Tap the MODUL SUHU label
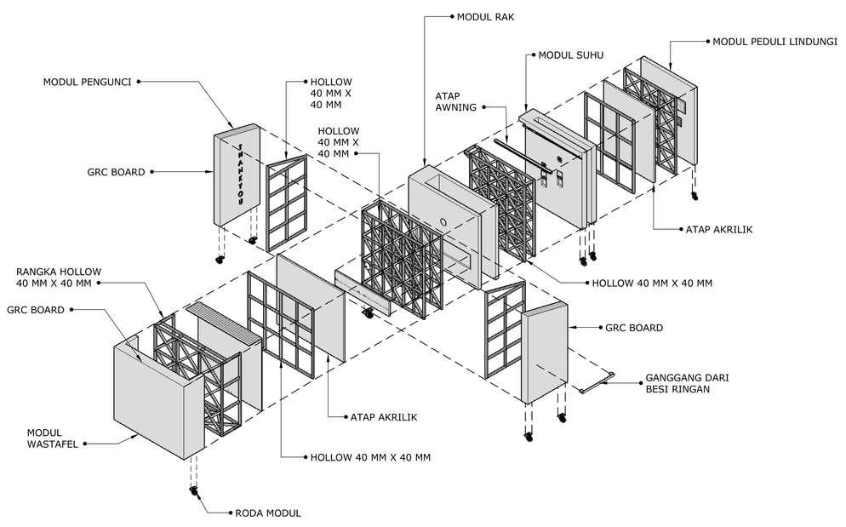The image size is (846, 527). (570, 55)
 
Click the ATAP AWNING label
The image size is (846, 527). (455, 102)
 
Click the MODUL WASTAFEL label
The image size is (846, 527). (55, 437)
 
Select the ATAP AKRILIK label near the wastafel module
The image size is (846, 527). (384, 416)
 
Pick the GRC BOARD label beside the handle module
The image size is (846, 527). (633, 327)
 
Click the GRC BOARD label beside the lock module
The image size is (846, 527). (116, 171)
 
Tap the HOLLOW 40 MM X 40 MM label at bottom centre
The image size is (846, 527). (370, 457)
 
